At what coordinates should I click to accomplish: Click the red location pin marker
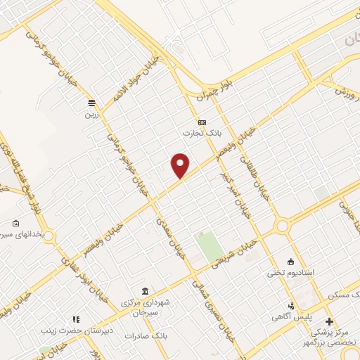pyautogui.click(x=181, y=165)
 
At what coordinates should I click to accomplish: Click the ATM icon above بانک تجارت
pyautogui.click(x=202, y=122)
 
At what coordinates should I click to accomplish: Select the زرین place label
pyautogui.click(x=91, y=114)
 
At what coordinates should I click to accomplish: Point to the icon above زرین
pyautogui.click(x=91, y=103)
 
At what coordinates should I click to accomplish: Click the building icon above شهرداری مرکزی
pyautogui.click(x=145, y=292)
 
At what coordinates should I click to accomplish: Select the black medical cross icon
pyautogui.click(x=328, y=321)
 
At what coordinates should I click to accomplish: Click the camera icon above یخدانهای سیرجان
pyautogui.click(x=15, y=223)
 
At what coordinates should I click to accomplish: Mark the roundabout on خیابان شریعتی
pyautogui.click(x=283, y=226)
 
